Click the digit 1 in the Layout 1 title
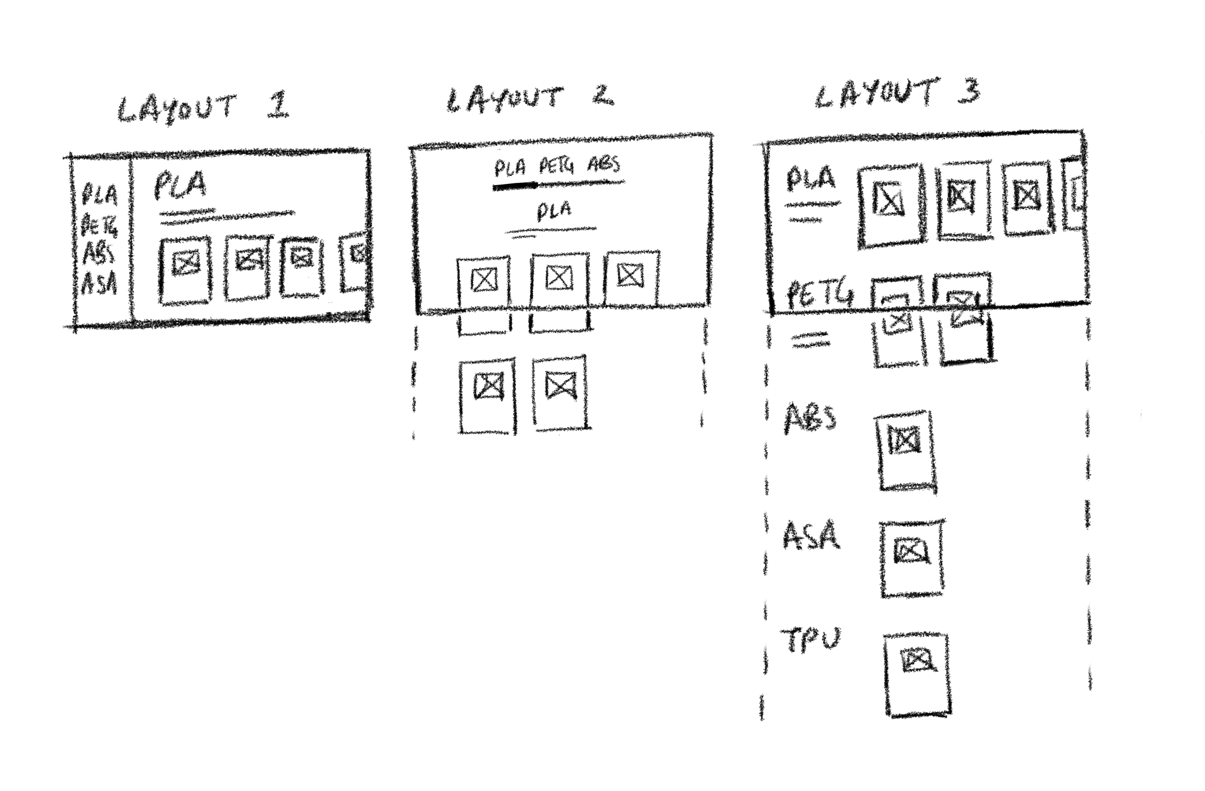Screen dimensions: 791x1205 pos(278,105)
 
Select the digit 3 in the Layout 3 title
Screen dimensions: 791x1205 pos(969,91)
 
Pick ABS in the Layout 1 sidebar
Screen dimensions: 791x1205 pos(99,255)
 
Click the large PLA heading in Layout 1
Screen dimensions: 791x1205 pos(180,186)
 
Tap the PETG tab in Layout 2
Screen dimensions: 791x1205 pos(557,166)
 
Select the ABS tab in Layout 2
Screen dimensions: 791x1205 pos(604,164)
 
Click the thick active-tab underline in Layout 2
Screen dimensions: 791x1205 pos(515,186)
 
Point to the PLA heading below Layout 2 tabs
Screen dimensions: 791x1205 pos(554,211)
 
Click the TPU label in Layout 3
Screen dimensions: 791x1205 pos(810,640)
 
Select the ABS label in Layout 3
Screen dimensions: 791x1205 pos(810,418)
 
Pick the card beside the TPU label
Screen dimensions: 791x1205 pos(917,674)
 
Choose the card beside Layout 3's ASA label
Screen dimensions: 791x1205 pos(911,558)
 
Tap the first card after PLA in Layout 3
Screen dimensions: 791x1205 pos(890,206)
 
